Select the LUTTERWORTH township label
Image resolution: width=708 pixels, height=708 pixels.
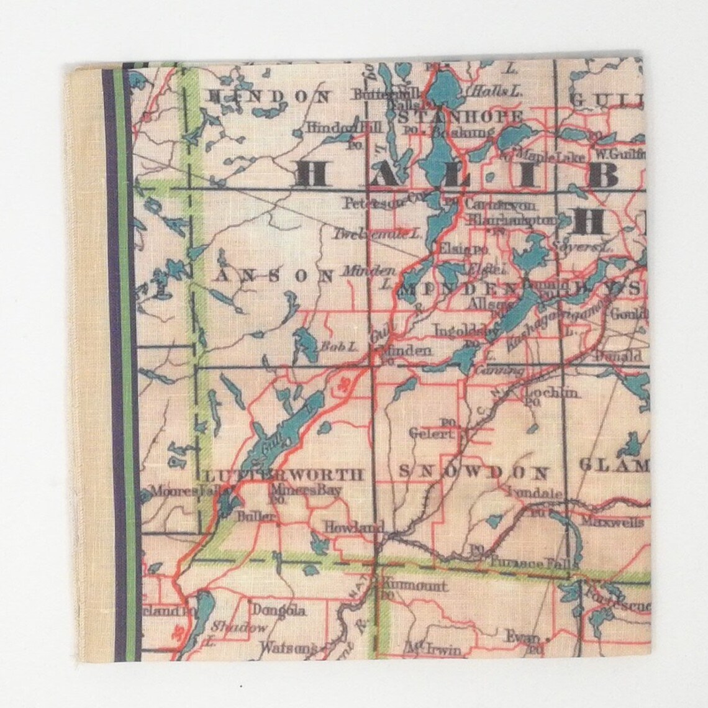283,476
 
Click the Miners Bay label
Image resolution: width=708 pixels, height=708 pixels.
305,490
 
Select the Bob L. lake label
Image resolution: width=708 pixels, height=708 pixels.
329,347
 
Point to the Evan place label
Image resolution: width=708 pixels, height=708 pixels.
520,636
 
